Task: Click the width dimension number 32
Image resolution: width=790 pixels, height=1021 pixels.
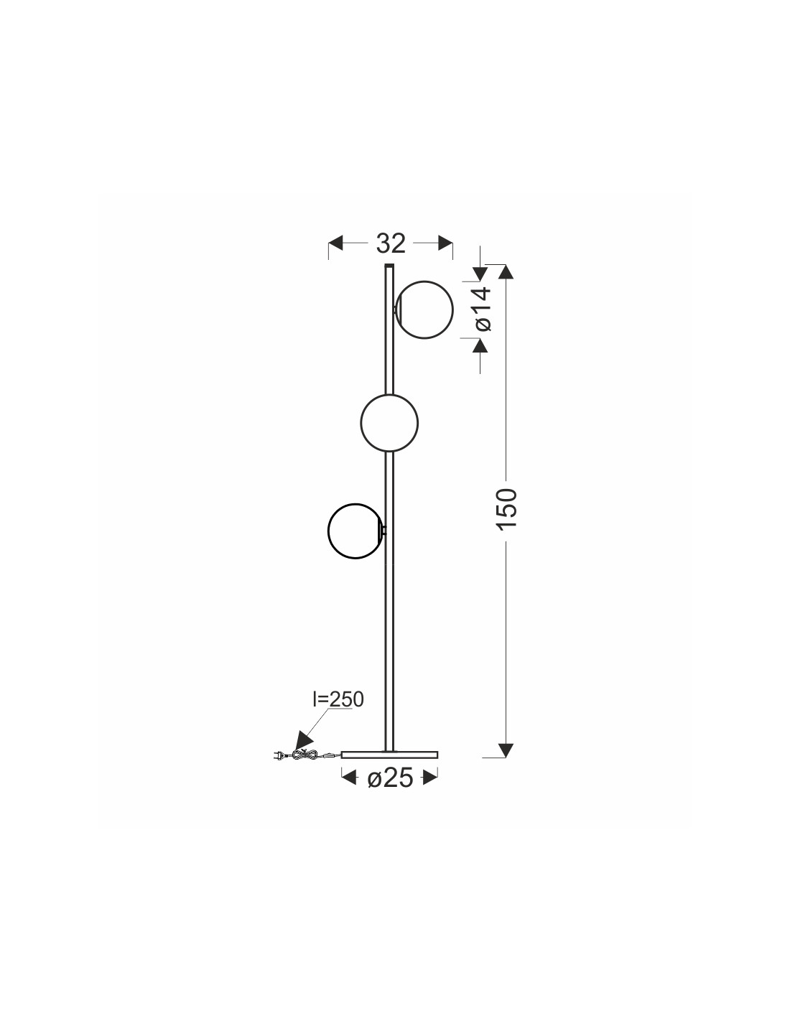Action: pyautogui.click(x=391, y=243)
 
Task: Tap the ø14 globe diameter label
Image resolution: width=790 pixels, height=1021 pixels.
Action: pyautogui.click(x=483, y=309)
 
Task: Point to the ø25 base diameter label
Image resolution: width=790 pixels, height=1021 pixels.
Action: pyautogui.click(x=390, y=779)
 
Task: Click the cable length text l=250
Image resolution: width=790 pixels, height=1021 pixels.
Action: pyautogui.click(x=338, y=712)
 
